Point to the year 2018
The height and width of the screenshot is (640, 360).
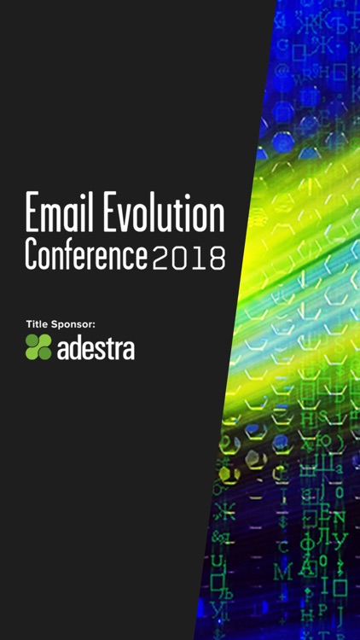coord(189,257)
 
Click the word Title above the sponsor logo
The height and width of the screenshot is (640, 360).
coord(38,323)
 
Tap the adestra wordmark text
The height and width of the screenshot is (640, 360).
coord(96,349)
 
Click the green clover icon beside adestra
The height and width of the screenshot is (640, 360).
coord(38,347)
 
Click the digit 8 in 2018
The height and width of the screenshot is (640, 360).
coord(217,257)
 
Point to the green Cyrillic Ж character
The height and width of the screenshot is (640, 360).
coord(225,511)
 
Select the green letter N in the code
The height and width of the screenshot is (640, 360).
coord(339,515)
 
